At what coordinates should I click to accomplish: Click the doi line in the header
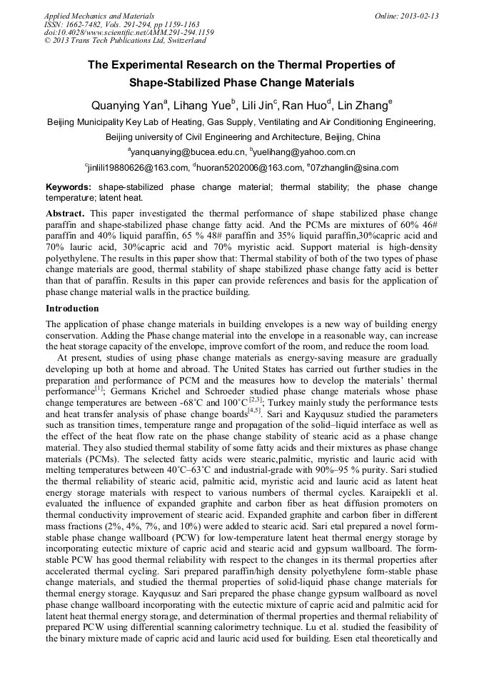[128, 32]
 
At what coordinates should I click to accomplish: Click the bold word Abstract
[65, 214]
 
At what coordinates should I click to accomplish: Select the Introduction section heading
[72, 309]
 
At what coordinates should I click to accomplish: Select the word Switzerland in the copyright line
[183, 41]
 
